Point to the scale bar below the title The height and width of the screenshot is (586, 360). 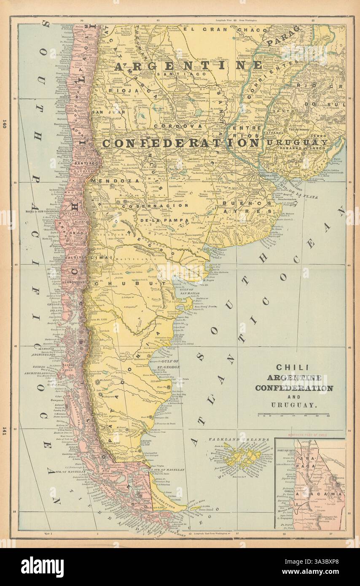pos(293,414)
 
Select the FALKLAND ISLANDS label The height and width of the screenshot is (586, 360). pos(239,439)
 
